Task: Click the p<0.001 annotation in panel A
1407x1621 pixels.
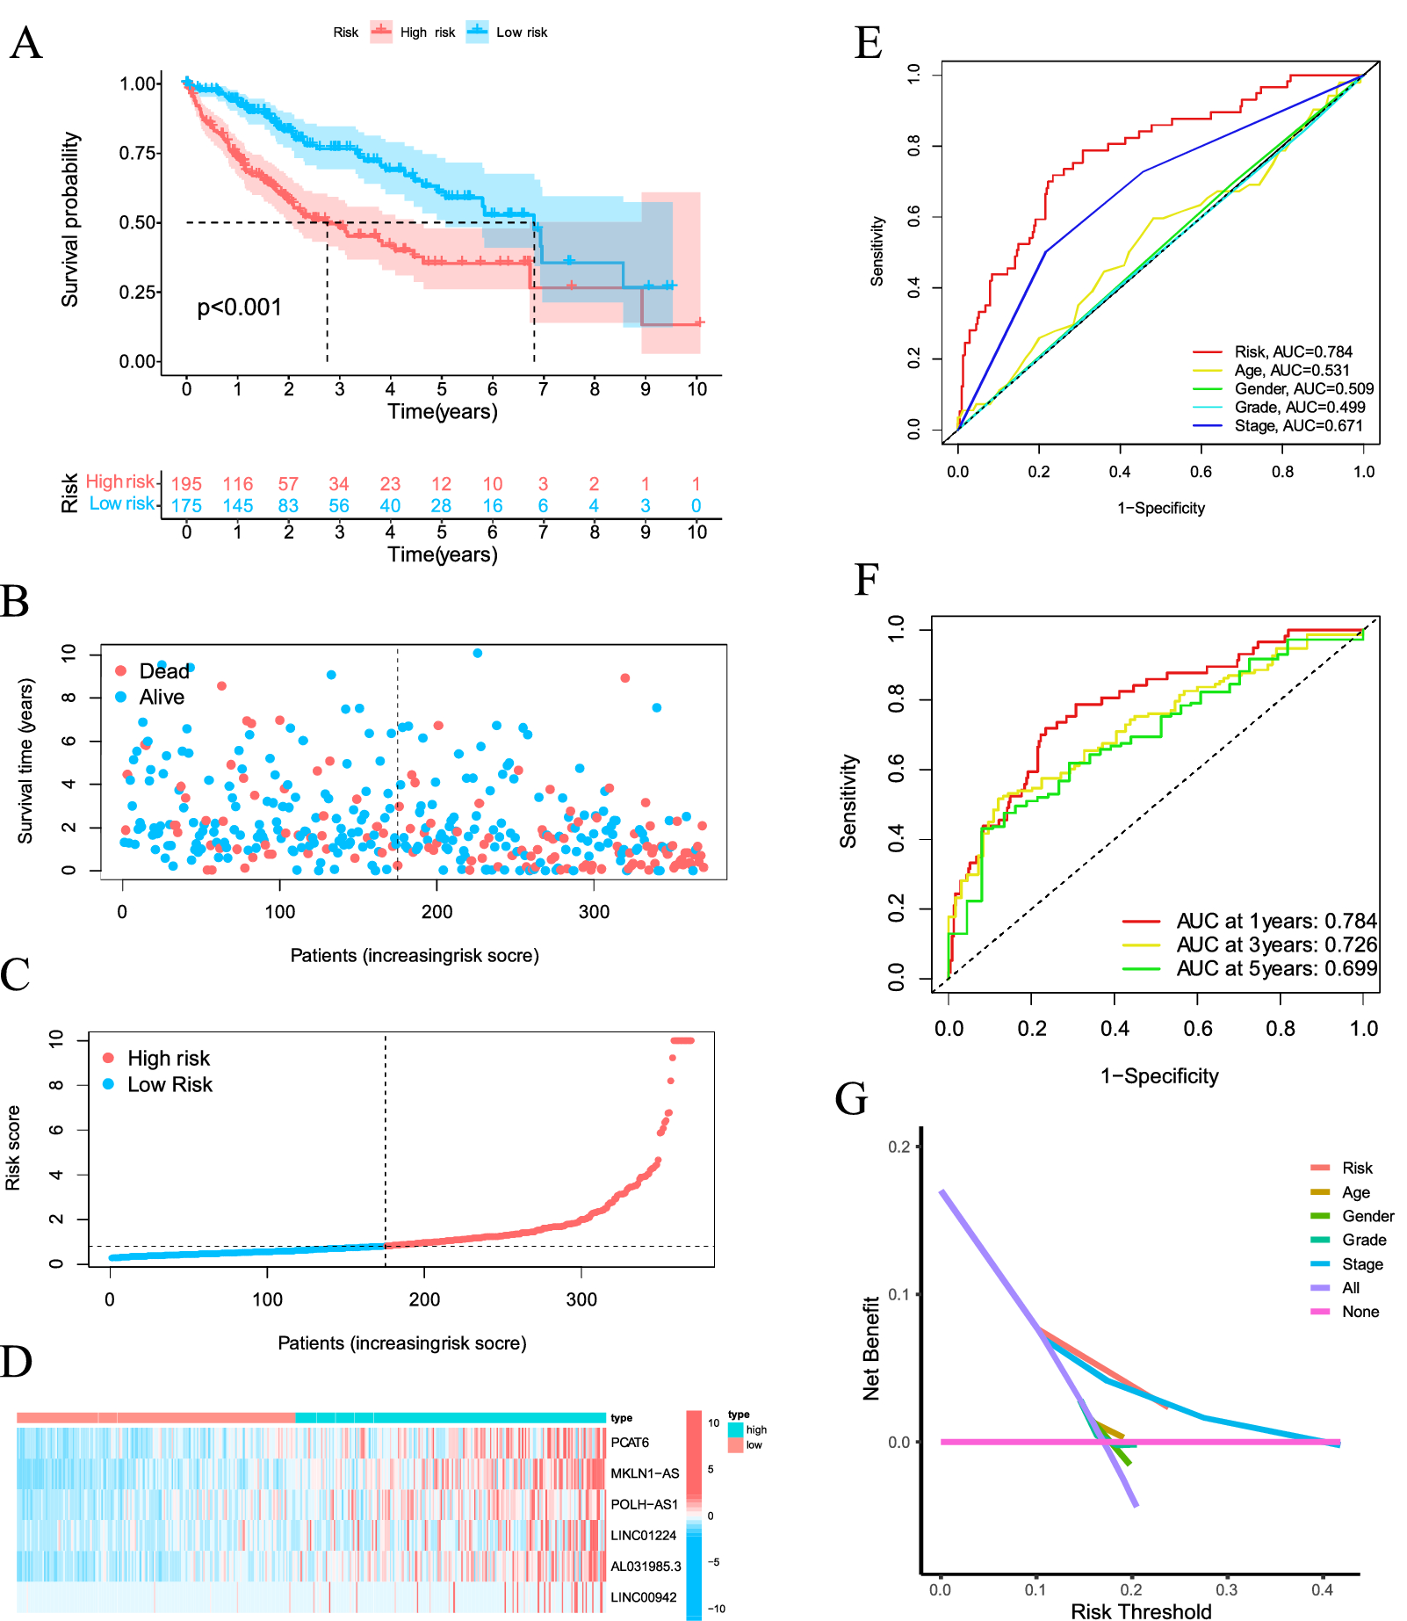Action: click(239, 308)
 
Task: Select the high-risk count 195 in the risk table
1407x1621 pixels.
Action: click(186, 484)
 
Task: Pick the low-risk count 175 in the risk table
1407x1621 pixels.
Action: click(186, 506)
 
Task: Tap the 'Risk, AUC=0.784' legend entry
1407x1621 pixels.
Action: click(1293, 351)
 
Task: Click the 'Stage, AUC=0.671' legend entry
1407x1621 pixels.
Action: click(1298, 426)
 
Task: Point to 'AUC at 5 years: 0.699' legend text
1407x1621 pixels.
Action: click(1276, 968)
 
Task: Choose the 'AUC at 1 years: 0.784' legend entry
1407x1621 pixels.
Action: click(1276, 921)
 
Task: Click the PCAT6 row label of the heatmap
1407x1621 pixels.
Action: click(630, 1443)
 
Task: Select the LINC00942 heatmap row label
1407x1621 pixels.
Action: click(644, 1597)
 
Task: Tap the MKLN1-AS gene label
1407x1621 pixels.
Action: click(645, 1473)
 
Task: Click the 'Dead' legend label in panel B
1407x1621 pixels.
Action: click(164, 671)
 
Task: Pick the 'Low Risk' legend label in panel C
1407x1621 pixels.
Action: click(170, 1085)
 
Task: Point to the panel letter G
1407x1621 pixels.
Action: click(851, 1099)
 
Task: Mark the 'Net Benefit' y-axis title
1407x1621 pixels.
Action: click(871, 1349)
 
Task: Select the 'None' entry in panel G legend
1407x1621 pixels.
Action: click(1360, 1312)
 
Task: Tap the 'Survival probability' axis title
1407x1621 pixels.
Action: click(70, 220)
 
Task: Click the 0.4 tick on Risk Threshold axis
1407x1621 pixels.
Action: click(1322, 1589)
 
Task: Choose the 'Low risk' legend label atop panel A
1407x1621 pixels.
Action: click(522, 33)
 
